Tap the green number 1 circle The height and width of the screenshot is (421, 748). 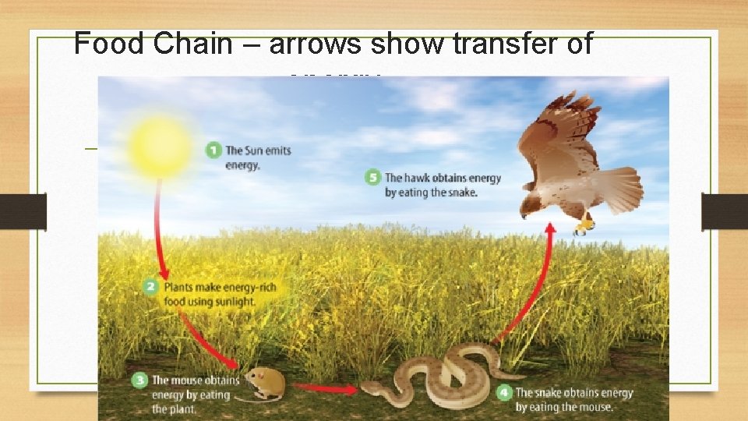213,150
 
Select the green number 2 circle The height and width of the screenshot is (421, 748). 151,287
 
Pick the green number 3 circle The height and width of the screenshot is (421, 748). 139,380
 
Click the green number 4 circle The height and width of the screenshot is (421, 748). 504,392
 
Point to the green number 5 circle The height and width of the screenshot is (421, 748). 372,178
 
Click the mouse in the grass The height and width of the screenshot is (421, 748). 263,383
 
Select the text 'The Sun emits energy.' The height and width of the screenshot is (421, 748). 258,157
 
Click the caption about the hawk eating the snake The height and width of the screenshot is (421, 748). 442,185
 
